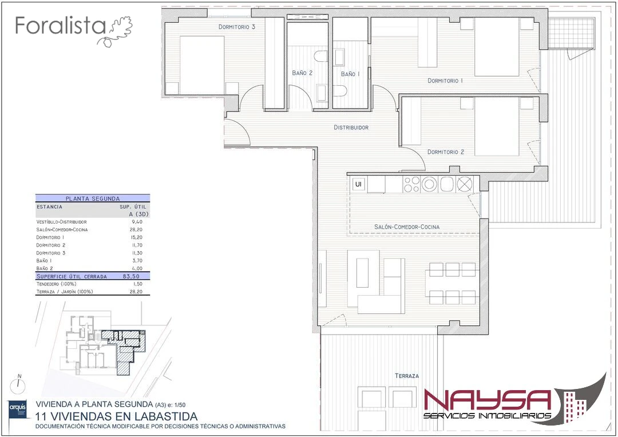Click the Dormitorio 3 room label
point(237,27)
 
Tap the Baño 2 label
point(302,73)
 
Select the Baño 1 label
point(350,74)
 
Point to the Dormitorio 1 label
point(445,81)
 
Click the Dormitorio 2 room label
point(446,152)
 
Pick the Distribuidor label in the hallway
point(351,128)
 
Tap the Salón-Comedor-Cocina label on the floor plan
point(407,227)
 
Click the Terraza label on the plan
point(407,376)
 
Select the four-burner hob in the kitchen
point(412,184)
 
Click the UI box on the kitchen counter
point(358,184)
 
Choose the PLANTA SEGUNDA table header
point(93,198)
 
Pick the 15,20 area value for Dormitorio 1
point(137,237)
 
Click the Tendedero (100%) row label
point(56,284)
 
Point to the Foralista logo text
point(61,26)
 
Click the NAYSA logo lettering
point(488,400)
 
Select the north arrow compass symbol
point(18,384)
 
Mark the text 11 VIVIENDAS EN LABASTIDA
point(116,416)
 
